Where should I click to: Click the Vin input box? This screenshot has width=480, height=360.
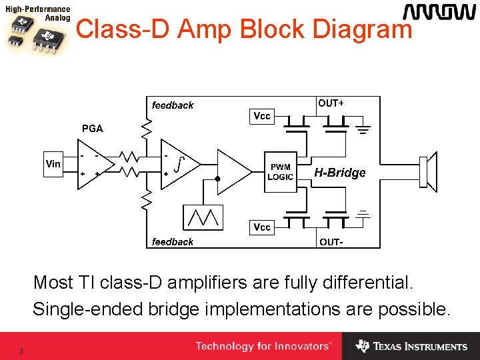point(53,163)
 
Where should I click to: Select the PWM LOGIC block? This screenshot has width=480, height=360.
point(280,172)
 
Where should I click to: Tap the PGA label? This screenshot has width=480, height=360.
point(92,129)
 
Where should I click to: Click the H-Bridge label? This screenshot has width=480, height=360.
point(340,173)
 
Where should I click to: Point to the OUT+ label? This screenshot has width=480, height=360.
point(331,103)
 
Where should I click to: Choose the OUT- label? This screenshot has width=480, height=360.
point(331,242)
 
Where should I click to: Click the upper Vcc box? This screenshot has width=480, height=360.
point(262,116)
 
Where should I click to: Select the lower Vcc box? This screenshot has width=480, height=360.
point(262,227)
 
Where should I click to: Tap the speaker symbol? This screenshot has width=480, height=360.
point(427,172)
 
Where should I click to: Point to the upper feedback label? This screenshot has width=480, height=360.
point(173,105)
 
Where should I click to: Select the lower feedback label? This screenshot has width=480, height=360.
point(173,242)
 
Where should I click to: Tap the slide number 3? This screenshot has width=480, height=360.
point(21,351)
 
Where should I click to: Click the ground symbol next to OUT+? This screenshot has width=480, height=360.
point(363,129)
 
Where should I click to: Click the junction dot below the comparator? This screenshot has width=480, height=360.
point(217,179)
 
